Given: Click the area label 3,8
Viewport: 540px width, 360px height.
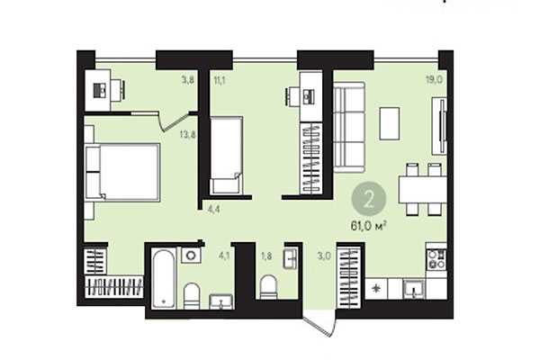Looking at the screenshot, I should tap(188, 79).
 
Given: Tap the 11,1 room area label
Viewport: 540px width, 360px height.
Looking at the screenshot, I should tap(220, 79).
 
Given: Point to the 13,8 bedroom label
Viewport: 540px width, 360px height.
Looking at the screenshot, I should tap(188, 135).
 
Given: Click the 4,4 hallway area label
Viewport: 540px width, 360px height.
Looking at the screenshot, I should tap(214, 210).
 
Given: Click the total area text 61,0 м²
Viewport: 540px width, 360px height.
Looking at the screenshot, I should tap(369, 225).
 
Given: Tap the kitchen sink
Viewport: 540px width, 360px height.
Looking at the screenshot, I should tap(412, 289).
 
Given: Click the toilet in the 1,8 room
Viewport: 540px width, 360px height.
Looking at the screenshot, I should tap(268, 286).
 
